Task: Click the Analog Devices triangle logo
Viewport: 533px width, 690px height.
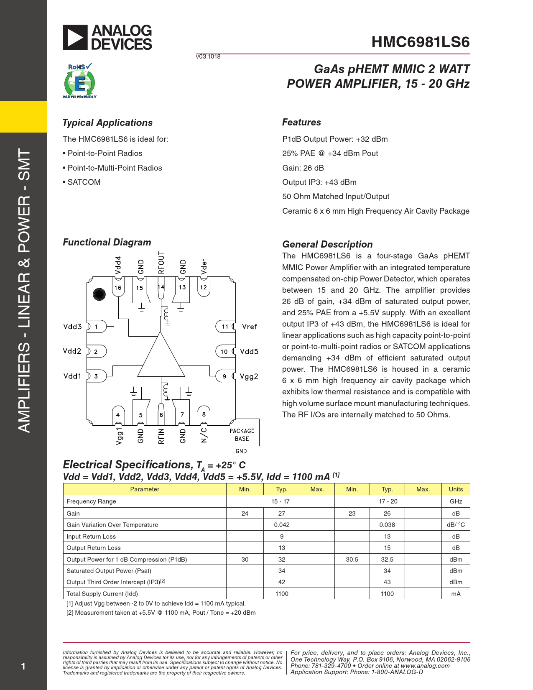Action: (75, 37)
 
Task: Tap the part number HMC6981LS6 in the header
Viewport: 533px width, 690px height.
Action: (420, 42)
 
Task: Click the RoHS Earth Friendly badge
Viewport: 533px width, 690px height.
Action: (79, 81)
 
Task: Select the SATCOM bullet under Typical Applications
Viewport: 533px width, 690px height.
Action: (84, 182)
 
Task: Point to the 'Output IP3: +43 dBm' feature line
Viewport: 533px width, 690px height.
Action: (319, 182)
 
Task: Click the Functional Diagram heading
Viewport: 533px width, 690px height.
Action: (107, 242)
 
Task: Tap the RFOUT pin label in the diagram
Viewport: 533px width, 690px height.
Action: (161, 263)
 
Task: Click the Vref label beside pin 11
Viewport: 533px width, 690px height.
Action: (250, 327)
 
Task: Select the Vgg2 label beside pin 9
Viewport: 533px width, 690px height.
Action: (249, 376)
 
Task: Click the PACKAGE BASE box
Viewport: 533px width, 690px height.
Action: (242, 434)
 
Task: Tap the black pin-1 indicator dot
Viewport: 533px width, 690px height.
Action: (99, 294)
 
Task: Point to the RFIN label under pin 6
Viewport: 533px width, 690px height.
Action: (161, 436)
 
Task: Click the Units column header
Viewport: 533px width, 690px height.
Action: (456, 489)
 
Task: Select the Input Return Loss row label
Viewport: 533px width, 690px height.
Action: (91, 537)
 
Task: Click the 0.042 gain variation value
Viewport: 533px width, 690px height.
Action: (282, 525)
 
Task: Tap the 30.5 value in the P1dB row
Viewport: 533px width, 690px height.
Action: (352, 560)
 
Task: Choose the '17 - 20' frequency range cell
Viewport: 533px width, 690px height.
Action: (388, 501)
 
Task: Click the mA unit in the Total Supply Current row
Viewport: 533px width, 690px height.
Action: (456, 594)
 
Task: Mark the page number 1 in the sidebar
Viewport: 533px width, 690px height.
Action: (23, 666)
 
